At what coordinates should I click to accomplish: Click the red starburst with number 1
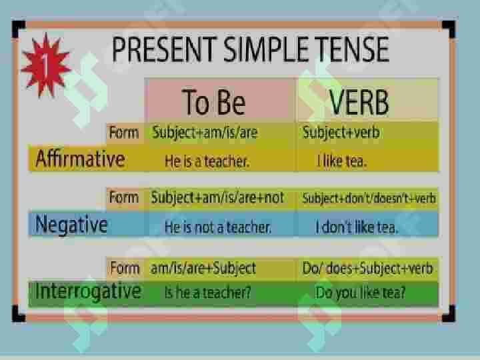click(x=46, y=65)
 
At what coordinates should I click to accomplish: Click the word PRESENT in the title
click(x=165, y=49)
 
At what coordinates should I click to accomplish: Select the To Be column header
click(x=214, y=101)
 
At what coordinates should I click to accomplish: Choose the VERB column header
click(x=359, y=102)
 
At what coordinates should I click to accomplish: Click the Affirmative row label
click(x=80, y=159)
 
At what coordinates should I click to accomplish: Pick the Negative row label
click(x=71, y=225)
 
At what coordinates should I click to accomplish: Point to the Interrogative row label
click(x=88, y=291)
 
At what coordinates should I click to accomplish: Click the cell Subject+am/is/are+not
click(x=217, y=198)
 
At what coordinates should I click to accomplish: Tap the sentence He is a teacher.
click(x=207, y=161)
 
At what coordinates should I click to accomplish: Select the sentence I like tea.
click(x=341, y=161)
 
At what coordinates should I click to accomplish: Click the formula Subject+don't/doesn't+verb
click(x=369, y=199)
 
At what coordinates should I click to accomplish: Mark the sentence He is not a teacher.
click(x=218, y=227)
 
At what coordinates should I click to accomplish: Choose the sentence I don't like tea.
click(x=357, y=227)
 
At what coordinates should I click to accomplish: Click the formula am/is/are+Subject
click(x=203, y=269)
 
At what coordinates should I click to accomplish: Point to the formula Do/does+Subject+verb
click(x=367, y=269)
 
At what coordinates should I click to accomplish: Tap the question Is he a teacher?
click(x=207, y=293)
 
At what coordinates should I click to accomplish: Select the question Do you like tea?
click(x=360, y=293)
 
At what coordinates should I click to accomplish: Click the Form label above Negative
click(x=124, y=197)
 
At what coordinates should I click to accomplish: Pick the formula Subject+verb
click(x=341, y=133)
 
